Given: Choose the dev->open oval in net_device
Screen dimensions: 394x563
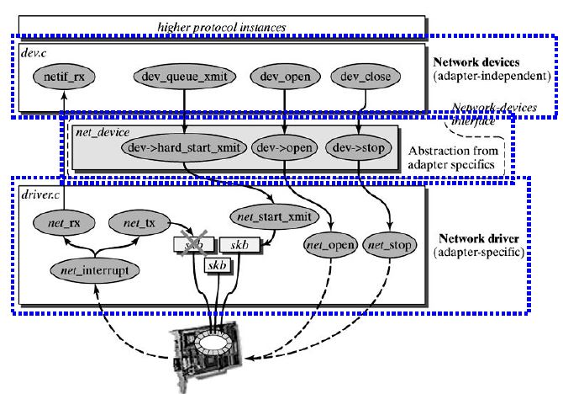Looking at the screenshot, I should tap(283, 147).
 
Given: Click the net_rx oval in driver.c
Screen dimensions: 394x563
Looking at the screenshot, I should tap(61, 224).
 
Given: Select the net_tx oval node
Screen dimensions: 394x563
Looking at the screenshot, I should tap(138, 224).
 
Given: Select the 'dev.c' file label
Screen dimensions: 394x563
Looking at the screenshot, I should tap(33, 53).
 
